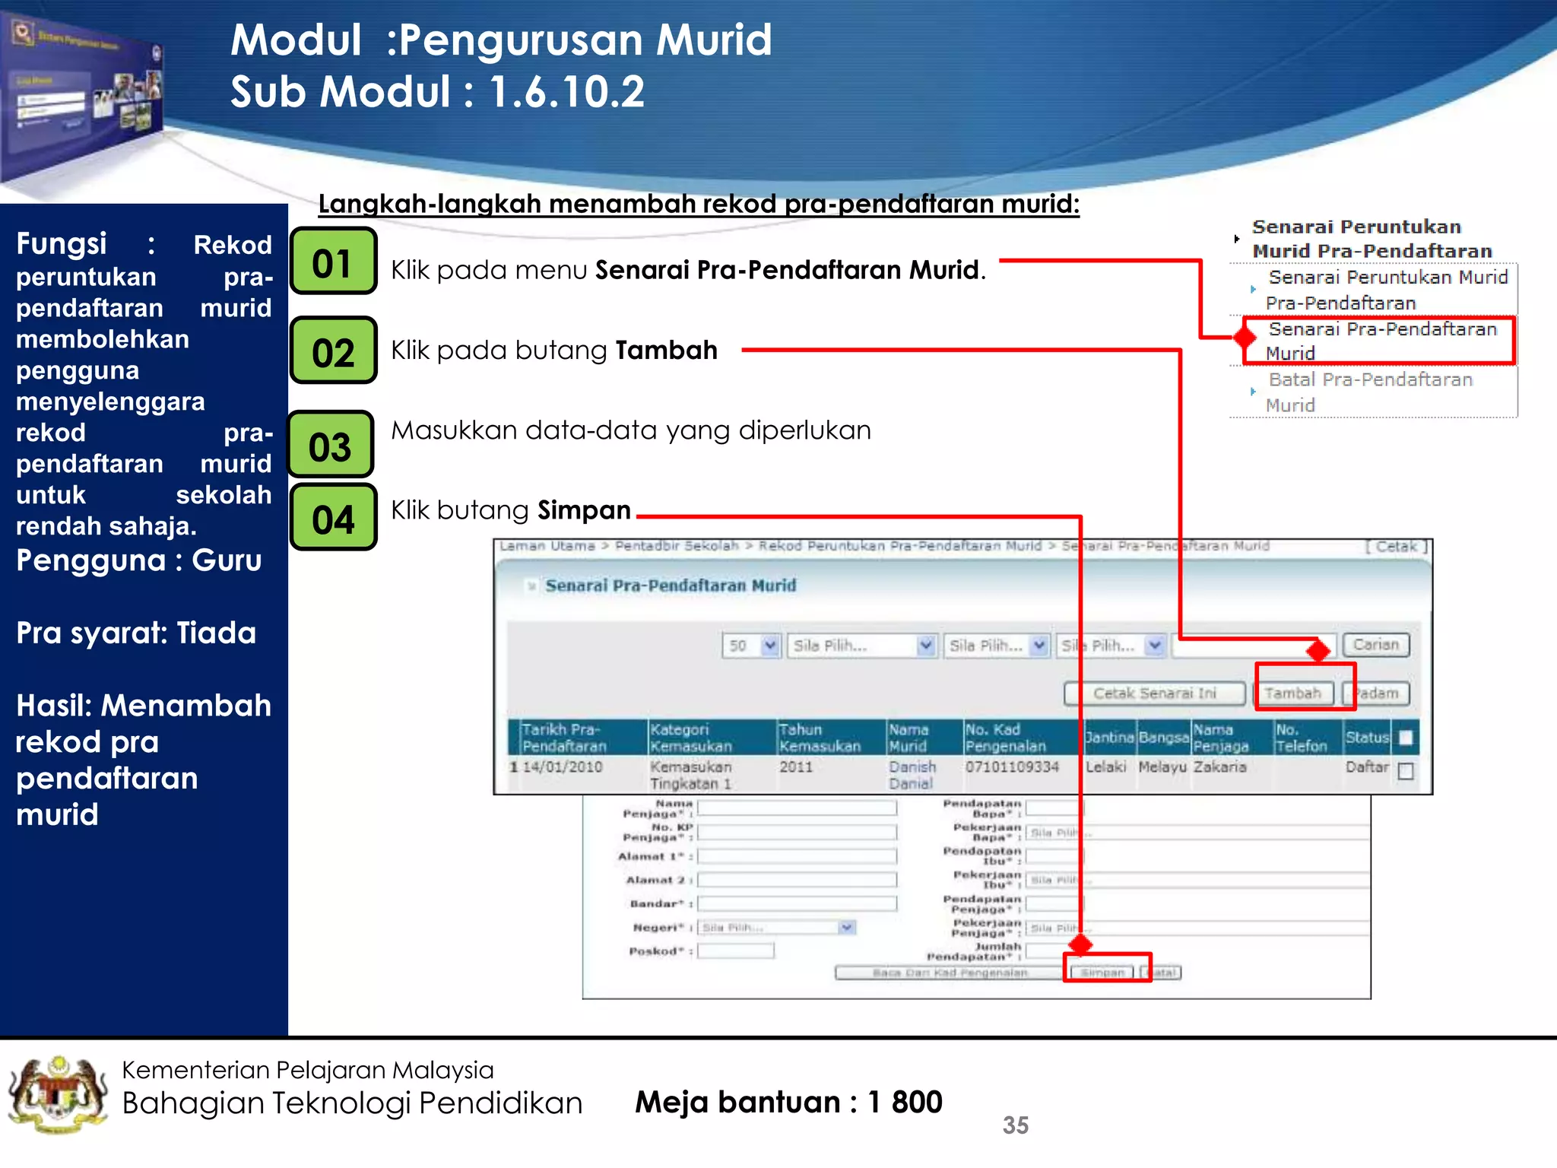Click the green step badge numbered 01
point(333,261)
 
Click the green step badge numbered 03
point(331,445)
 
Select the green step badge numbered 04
point(333,518)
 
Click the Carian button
point(1375,645)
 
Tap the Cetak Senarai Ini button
point(1154,693)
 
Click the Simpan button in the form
point(1102,973)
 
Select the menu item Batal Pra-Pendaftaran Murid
point(1369,392)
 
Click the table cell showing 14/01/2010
point(562,766)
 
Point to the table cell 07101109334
point(1012,766)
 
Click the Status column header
point(1366,737)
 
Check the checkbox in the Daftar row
point(1406,771)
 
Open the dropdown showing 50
point(750,646)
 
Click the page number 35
point(1015,1125)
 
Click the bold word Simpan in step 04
point(584,509)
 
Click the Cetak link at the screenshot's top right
point(1396,546)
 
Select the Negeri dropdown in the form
point(776,927)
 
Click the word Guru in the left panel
point(227,560)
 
